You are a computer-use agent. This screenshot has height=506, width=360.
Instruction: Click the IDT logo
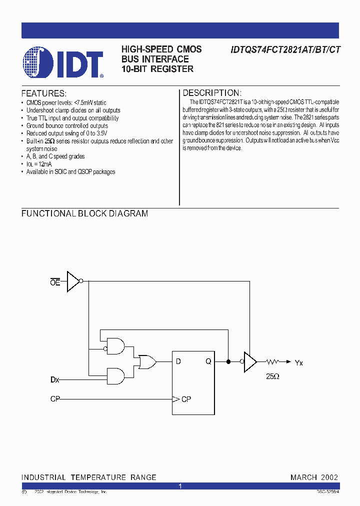(x=63, y=62)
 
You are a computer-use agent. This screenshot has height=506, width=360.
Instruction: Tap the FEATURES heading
(x=43, y=93)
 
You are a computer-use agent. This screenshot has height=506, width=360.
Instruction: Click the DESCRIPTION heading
(x=212, y=93)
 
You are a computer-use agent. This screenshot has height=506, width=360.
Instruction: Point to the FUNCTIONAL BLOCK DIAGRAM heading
(x=84, y=213)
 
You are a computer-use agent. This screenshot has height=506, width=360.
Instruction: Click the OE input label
(x=55, y=282)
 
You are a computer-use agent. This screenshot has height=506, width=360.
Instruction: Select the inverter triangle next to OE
(x=73, y=281)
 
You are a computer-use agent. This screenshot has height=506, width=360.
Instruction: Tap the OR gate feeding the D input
(x=147, y=361)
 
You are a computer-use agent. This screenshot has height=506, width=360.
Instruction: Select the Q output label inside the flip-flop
(x=208, y=361)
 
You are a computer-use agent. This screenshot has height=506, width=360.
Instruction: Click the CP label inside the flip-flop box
(x=186, y=399)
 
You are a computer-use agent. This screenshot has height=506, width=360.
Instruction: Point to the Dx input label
(x=55, y=380)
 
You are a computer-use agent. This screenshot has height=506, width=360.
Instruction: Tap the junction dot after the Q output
(x=228, y=361)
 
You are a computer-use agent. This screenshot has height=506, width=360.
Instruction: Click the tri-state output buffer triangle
(x=249, y=361)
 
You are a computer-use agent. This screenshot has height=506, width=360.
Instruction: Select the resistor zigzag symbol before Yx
(x=273, y=361)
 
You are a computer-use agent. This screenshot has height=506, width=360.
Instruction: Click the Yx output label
(x=299, y=363)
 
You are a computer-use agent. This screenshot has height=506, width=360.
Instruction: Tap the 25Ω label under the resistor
(x=272, y=375)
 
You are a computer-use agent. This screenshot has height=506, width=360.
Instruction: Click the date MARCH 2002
(x=314, y=477)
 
